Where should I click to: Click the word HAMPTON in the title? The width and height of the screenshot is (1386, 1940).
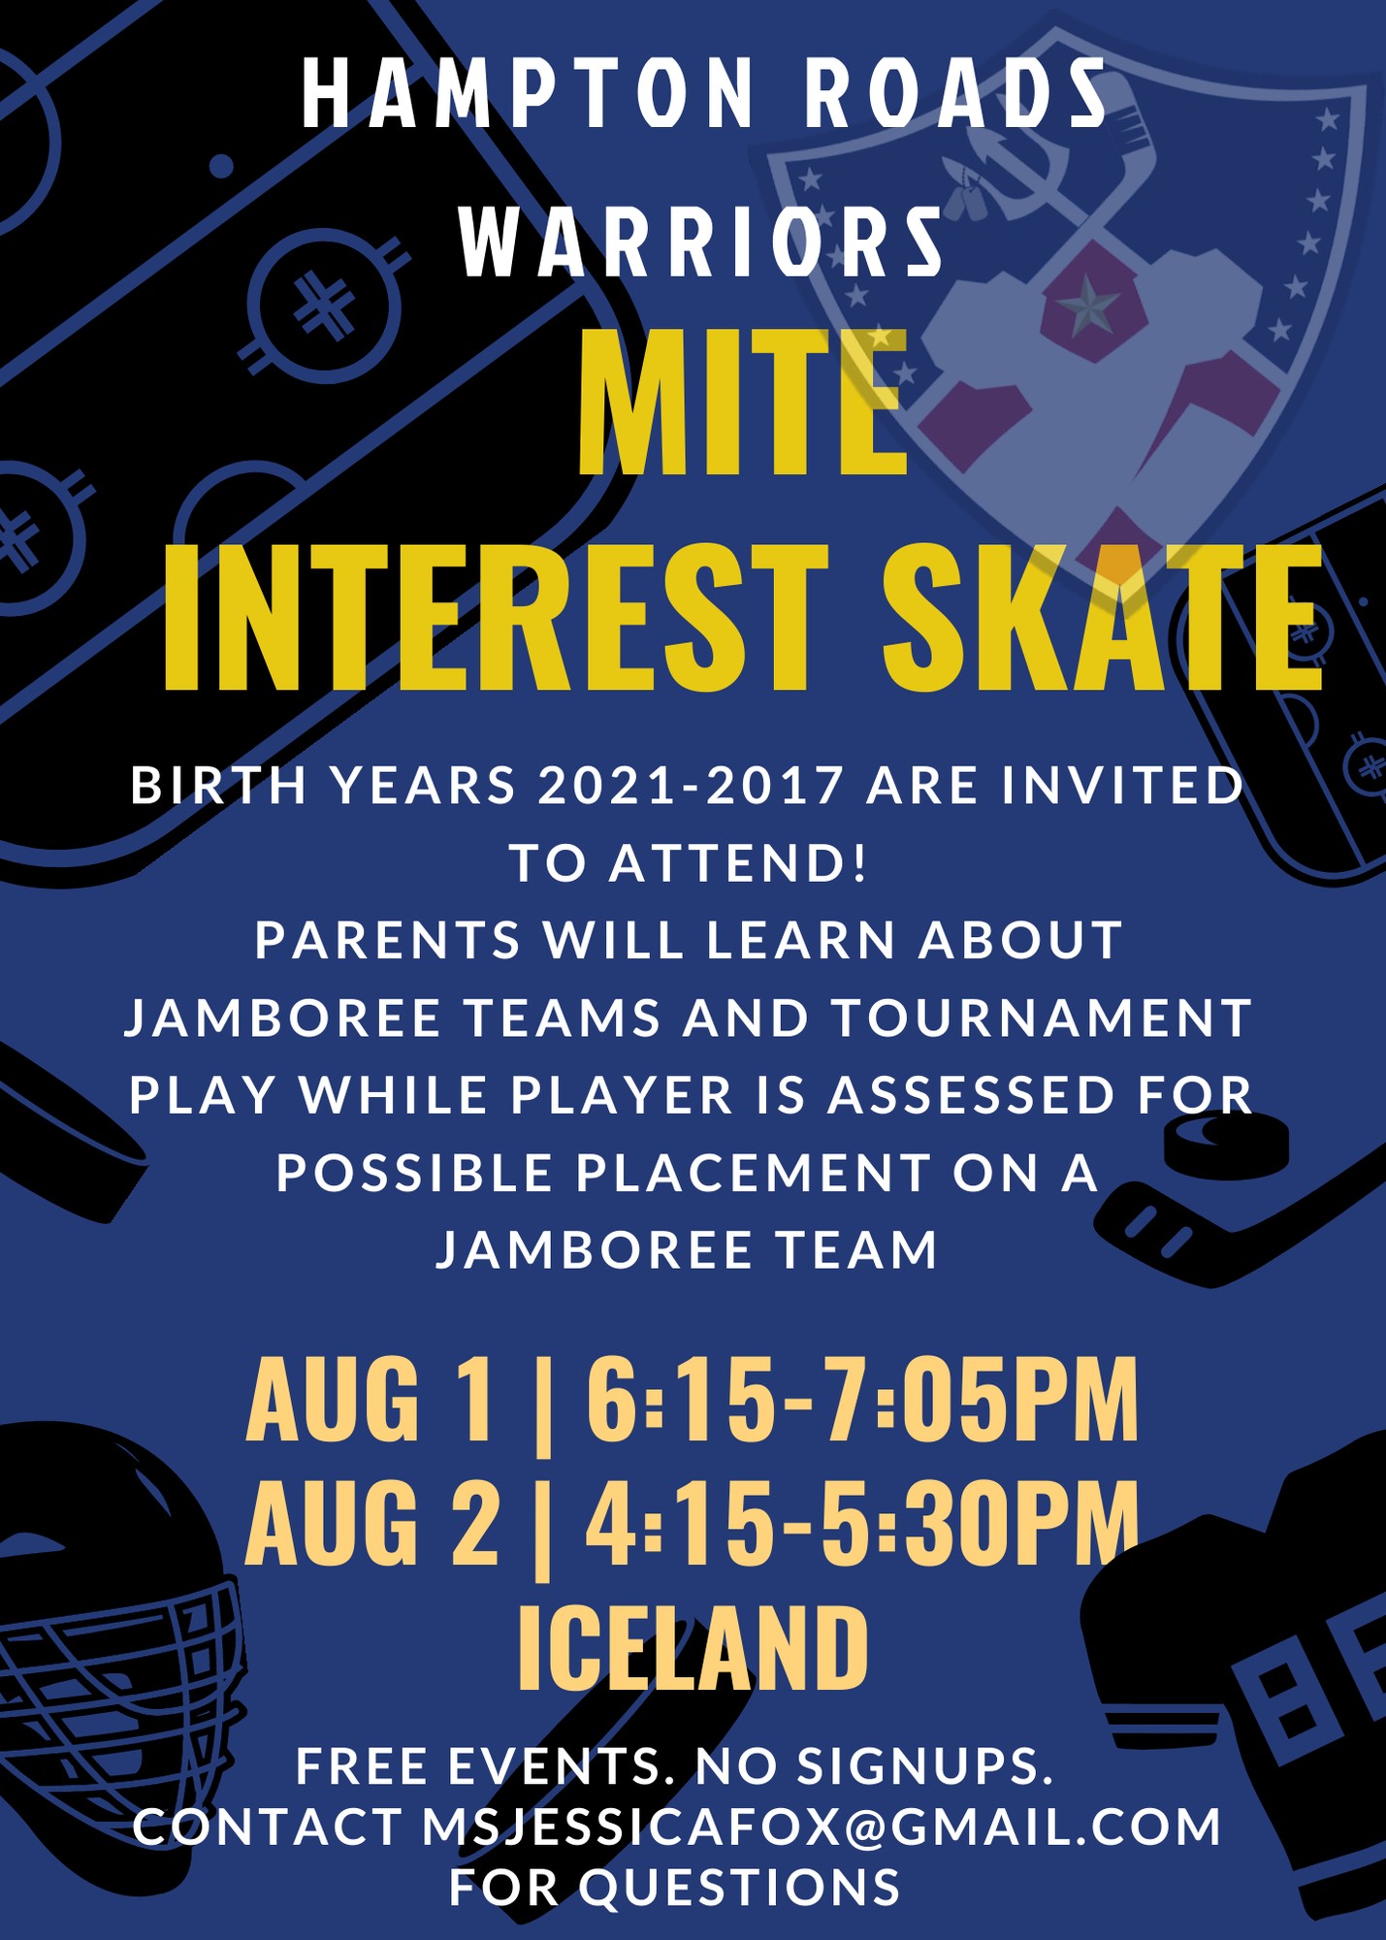(x=528, y=93)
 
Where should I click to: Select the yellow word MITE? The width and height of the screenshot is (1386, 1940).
(x=742, y=404)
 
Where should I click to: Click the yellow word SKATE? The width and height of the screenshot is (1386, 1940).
(x=1104, y=617)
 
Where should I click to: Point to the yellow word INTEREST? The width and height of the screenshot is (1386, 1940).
(x=496, y=617)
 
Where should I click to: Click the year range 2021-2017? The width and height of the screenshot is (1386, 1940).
(x=691, y=786)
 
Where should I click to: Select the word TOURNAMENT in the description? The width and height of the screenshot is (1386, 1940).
(x=1042, y=1018)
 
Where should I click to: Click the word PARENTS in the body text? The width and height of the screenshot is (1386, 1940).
(x=388, y=941)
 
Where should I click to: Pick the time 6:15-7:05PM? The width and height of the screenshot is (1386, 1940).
(x=862, y=1400)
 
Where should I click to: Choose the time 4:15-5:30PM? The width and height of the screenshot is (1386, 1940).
(x=862, y=1522)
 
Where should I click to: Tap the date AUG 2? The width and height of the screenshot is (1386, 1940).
(x=373, y=1522)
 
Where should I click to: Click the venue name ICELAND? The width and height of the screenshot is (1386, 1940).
(x=693, y=1648)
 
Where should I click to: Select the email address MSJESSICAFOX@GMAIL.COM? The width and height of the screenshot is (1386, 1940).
(x=822, y=1827)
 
